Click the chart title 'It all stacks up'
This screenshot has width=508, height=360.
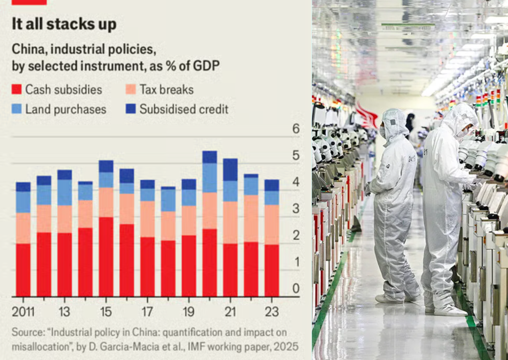(x=64, y=24)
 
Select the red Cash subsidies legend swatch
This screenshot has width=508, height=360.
(x=16, y=90)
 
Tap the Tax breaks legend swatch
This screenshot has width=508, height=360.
(x=131, y=90)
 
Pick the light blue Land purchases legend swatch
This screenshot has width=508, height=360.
(x=16, y=109)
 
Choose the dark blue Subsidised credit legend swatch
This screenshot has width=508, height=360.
(x=131, y=109)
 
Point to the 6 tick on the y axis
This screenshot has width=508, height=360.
(x=296, y=129)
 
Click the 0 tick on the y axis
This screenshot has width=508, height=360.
(x=296, y=289)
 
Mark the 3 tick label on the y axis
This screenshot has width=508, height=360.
(x=296, y=209)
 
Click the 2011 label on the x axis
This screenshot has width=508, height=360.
(x=23, y=311)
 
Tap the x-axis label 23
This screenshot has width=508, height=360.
(x=272, y=311)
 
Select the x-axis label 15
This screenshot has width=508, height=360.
(x=106, y=311)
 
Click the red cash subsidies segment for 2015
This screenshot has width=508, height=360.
(x=106, y=256)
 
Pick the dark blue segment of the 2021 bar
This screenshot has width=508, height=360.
(x=230, y=170)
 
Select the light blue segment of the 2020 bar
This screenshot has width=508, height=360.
(x=209, y=178)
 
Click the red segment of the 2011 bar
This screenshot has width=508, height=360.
(x=23, y=270)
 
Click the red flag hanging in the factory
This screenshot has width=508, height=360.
(x=367, y=115)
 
